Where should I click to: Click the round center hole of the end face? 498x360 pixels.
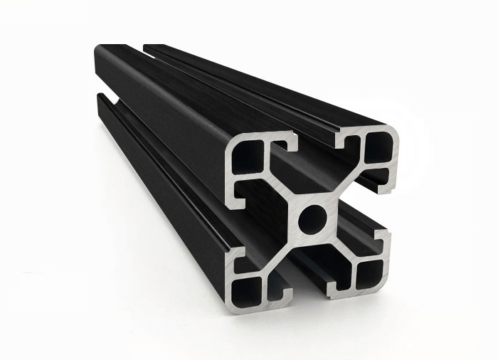coord(312,218)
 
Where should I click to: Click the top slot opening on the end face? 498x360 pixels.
coord(317,146)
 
